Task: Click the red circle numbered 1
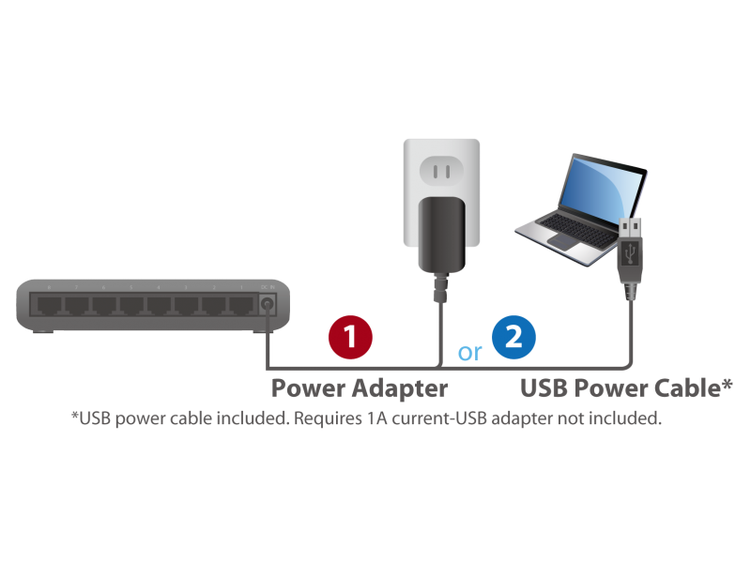click(350, 337)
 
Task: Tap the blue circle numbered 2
click(513, 337)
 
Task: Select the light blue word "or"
click(469, 353)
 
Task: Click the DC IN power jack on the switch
click(268, 304)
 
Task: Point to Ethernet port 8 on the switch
click(50, 304)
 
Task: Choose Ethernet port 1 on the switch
click(241, 304)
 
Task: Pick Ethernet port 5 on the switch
click(131, 304)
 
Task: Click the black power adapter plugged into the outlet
click(441, 236)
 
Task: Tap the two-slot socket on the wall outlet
click(441, 171)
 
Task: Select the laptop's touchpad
click(566, 241)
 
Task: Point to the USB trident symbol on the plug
click(630, 253)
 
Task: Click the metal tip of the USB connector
click(630, 229)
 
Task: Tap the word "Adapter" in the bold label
click(400, 388)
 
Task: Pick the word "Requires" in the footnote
click(328, 418)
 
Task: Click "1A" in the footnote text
click(377, 418)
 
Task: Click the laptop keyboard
click(577, 229)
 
